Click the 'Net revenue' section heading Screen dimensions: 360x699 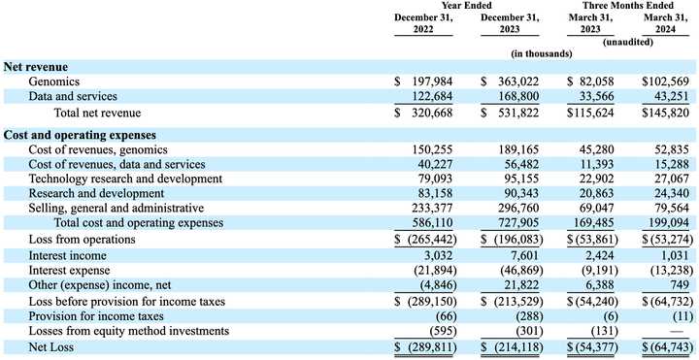[x=38, y=67]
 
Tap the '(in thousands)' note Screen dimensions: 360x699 [x=543, y=52]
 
